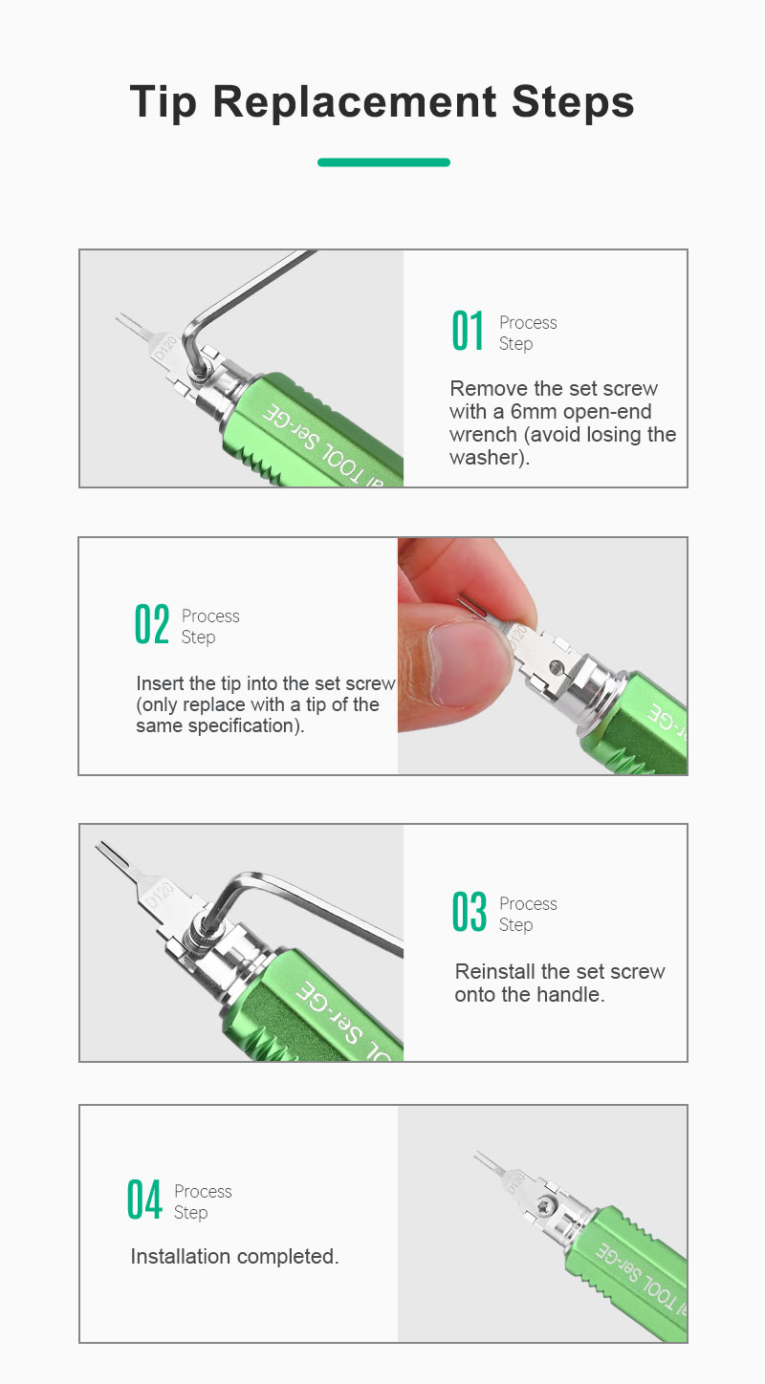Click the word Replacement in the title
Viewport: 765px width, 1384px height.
tap(355, 101)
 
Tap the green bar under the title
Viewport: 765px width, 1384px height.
tap(383, 162)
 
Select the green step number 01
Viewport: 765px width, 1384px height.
tap(468, 331)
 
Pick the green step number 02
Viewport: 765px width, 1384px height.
tap(152, 624)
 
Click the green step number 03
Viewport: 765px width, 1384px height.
tap(469, 911)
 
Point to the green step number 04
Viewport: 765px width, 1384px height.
tap(144, 1200)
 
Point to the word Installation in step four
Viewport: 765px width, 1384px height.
tap(181, 1256)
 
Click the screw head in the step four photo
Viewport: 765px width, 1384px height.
tap(546, 1204)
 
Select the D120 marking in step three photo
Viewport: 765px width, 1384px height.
tap(161, 894)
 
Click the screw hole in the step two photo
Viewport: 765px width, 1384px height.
tap(557, 667)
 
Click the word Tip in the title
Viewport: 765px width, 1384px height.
tap(164, 102)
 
